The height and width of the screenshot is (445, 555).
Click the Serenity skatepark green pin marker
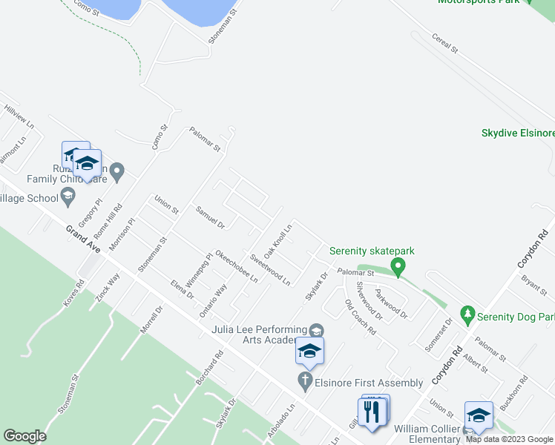[398, 266]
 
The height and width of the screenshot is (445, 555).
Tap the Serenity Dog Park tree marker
[467, 314]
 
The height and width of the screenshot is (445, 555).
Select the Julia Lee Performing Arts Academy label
[260, 334]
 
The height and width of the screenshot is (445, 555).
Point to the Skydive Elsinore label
[518, 133]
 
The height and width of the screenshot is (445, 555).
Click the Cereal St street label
[446, 42]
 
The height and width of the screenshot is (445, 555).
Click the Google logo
[24, 436]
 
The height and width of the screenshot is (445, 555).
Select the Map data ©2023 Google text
[510, 438]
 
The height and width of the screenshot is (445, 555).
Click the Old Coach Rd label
[361, 317]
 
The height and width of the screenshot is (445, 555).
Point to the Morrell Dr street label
[154, 317]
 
